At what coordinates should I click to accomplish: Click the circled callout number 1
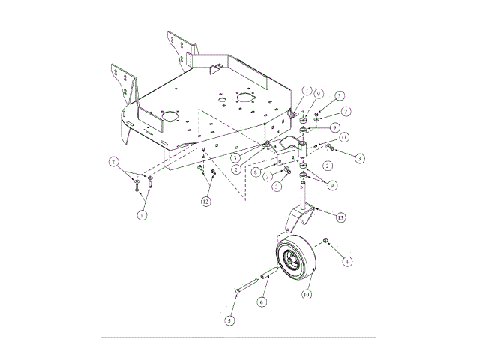coord(140,214)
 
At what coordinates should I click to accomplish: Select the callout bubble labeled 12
coord(205,201)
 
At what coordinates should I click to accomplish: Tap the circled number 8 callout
coord(255,172)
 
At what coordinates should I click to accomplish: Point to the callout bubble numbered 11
coord(343,139)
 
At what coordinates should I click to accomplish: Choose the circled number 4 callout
coord(347,262)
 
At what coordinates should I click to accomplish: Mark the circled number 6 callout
coord(262,301)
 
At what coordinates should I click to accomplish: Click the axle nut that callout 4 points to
coord(328,241)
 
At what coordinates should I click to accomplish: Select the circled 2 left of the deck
coord(113,161)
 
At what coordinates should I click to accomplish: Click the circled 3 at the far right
coord(360,158)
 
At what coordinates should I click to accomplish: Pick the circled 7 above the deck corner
coord(306,90)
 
